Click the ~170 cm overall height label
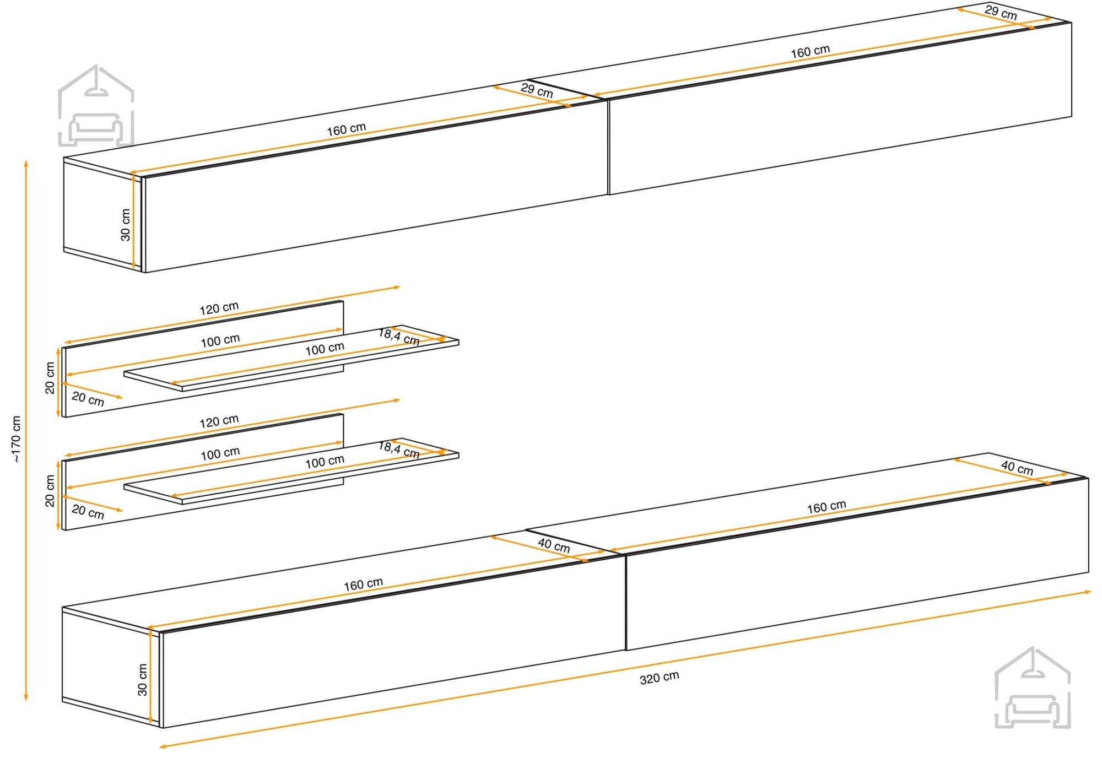coord(16,439)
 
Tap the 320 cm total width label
coord(660,678)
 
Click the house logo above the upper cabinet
coord(96,106)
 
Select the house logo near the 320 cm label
coord(1033,687)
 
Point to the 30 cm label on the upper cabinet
coord(126,225)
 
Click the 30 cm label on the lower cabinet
coord(142,680)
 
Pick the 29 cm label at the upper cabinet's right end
coord(1001,12)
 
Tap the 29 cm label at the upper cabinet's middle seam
coord(537,90)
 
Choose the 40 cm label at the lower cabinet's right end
coord(1017,468)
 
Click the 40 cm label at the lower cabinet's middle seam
coord(554,545)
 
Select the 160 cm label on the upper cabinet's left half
coord(346,129)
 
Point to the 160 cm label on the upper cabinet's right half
coord(810,51)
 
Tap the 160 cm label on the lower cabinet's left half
coord(363,584)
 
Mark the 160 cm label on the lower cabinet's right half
coord(827,507)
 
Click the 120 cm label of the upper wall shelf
coord(219,308)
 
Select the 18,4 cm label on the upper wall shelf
coord(399,337)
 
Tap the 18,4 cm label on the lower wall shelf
coord(399,450)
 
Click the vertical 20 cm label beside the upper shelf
coord(50,378)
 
